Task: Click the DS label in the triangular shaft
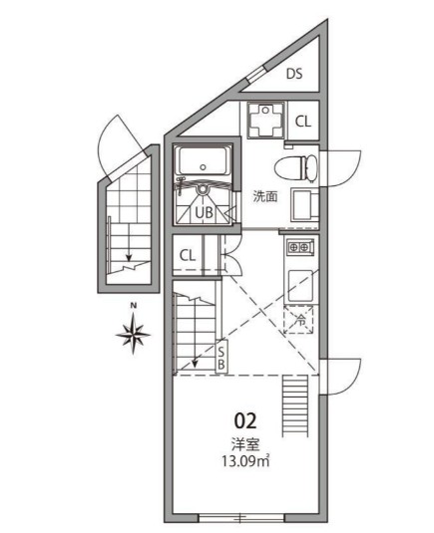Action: point(294,74)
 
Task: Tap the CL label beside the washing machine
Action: point(303,122)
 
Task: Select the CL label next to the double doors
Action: point(188,256)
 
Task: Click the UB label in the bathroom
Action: point(204,213)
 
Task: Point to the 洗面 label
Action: point(265,196)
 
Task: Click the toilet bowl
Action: point(295,168)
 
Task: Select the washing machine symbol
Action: point(265,120)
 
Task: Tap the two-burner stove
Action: point(300,247)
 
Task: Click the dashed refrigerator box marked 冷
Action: point(298,320)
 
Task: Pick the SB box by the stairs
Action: point(221,357)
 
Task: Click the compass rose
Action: point(133,334)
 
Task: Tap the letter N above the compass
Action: point(134,306)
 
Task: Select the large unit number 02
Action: point(245,421)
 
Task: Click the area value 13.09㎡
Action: point(245,461)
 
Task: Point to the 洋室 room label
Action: point(245,444)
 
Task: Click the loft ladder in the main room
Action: point(295,405)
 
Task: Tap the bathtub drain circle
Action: point(203,167)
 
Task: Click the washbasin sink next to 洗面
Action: point(304,205)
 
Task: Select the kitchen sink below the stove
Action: point(300,285)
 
